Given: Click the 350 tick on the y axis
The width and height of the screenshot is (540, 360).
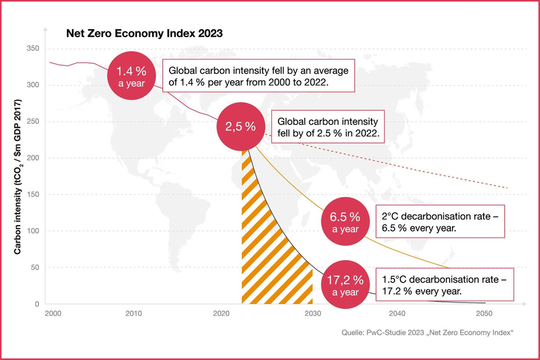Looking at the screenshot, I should pyautogui.click(x=34, y=48).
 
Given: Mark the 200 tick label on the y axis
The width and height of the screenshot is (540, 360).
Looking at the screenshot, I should pyautogui.click(x=34, y=158).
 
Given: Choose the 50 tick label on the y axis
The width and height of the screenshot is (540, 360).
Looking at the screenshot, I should pyautogui.click(x=36, y=268).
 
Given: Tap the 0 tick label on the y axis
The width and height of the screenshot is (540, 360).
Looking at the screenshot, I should pyautogui.click(x=38, y=304).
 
